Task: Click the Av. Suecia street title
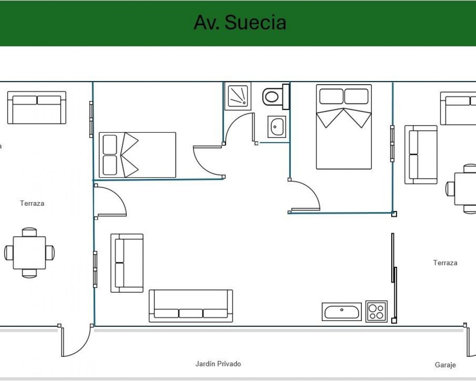click(x=240, y=22)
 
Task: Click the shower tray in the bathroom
click(x=238, y=96)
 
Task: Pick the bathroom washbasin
click(x=277, y=127)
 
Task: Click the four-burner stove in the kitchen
click(x=376, y=311)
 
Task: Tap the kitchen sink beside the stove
click(x=342, y=312)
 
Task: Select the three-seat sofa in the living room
click(x=191, y=306)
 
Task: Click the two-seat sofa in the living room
click(x=127, y=263)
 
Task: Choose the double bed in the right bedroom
click(x=344, y=127)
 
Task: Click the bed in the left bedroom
click(x=137, y=155)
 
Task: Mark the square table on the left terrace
click(x=29, y=253)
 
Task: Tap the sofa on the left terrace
click(x=37, y=108)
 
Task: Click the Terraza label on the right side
click(x=445, y=263)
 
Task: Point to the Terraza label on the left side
click(x=32, y=203)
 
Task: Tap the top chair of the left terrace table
click(x=29, y=232)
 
